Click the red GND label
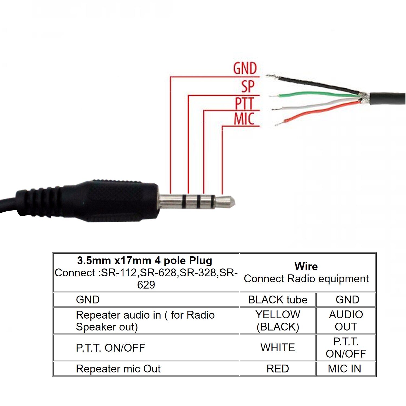pyautogui.click(x=245, y=68)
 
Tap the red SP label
pyautogui.click(x=248, y=87)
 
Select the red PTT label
pyautogui.click(x=244, y=103)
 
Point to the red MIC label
pyautogui.click(x=244, y=119)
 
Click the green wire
pyautogui.click(x=311, y=94)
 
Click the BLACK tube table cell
pyautogui.click(x=278, y=300)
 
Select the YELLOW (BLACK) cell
pyautogui.click(x=278, y=321)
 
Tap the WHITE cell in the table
pyautogui.click(x=278, y=348)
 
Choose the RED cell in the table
pyautogui.click(x=278, y=369)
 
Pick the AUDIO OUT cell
pyautogui.click(x=346, y=321)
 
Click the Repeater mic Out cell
pyautogui.click(x=118, y=369)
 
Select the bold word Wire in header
pyautogui.click(x=306, y=267)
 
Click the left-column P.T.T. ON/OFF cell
pyautogui.click(x=110, y=348)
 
